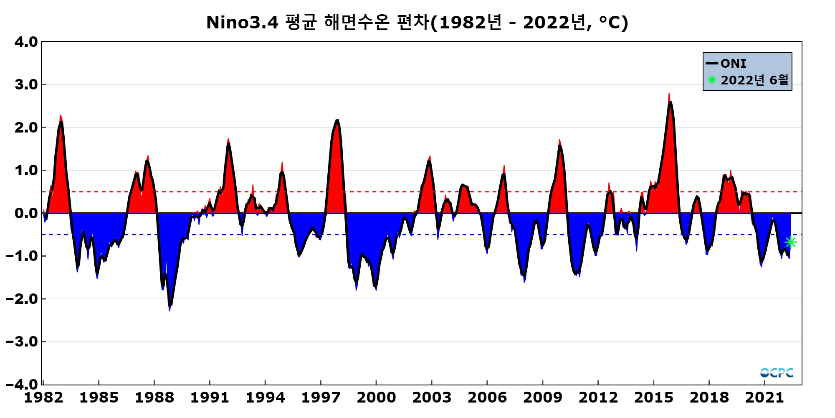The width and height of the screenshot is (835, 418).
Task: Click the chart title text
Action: coord(417,22)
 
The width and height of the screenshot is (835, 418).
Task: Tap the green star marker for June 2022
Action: coord(790,242)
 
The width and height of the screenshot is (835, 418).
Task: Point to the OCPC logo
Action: coord(777,372)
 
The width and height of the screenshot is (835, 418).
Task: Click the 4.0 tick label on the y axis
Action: coord(26,42)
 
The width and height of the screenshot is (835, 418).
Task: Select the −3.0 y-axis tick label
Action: coord(22,342)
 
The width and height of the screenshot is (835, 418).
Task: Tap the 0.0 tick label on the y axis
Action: coord(26,213)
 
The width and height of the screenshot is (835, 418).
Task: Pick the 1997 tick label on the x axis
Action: coord(321,397)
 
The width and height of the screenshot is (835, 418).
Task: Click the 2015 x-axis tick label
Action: coord(653,397)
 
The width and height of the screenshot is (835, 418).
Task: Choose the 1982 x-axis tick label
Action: coord(43,397)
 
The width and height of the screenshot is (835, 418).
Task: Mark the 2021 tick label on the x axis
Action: coord(764,397)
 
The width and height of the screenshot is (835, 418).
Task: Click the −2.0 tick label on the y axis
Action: coord(22,299)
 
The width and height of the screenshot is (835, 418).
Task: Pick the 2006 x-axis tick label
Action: coord(487,397)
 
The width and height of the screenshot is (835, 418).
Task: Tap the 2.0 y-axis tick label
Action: coord(26,127)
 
